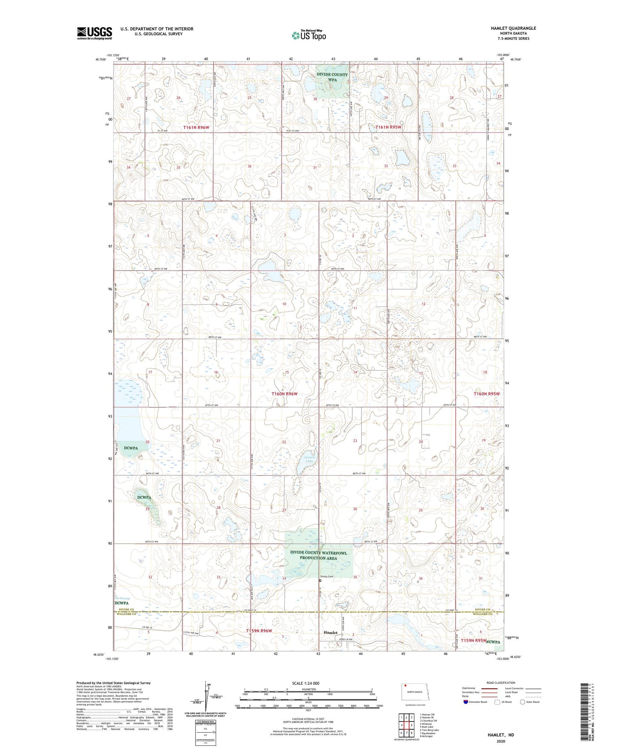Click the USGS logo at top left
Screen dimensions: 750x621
[x=94, y=33]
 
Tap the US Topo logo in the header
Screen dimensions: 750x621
[x=308, y=35]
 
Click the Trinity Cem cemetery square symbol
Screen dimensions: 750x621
[x=320, y=580]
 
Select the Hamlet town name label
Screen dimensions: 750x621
[x=330, y=633]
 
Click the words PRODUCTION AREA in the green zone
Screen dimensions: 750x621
[x=319, y=558]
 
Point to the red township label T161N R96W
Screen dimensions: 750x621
[x=197, y=128]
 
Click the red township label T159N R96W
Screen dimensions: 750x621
[x=259, y=631]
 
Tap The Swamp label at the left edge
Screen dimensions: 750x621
[x=122, y=599]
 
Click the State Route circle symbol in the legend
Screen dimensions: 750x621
[x=522, y=702]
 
